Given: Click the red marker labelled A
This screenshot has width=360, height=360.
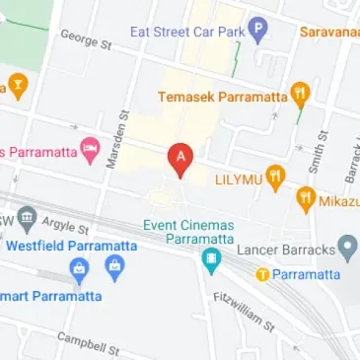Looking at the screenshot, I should tap(179, 159).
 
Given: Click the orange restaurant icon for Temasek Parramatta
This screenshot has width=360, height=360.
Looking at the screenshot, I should tap(301, 95).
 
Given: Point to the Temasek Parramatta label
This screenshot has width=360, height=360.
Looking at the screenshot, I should tap(223, 97).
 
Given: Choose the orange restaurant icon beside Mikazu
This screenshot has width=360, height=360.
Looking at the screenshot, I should tap(306, 200).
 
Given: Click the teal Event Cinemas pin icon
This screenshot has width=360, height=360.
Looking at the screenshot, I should tap(210, 260).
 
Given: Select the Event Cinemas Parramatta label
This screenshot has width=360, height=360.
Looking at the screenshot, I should tap(188, 233).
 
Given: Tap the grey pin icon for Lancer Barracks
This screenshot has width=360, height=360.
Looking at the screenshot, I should tap(347, 247).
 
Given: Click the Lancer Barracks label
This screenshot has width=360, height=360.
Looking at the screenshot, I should tap(286, 250).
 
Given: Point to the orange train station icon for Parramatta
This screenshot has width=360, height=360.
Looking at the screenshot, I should tap(262, 274).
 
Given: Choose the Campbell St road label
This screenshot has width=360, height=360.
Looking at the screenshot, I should tap(88, 343).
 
